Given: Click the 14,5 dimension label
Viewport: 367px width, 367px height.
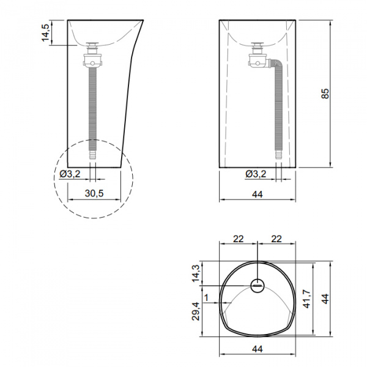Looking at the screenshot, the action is (x=45, y=33).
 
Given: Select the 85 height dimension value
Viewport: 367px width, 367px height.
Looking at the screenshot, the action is (x=325, y=94).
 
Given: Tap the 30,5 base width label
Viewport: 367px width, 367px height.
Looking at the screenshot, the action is (x=94, y=193).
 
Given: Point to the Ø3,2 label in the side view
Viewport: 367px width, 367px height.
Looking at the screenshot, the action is (x=70, y=174).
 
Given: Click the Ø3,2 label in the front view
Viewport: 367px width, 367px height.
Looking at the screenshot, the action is (x=256, y=174).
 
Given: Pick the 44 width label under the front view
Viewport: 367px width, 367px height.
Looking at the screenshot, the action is (x=258, y=195).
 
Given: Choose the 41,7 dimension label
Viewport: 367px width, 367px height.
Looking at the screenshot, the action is (x=306, y=298).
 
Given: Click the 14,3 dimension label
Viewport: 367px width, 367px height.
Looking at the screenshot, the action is (x=196, y=273).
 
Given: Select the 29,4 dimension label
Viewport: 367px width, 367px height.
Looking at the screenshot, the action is (x=196, y=311).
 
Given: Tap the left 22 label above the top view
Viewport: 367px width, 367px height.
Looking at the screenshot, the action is (x=239, y=239).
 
